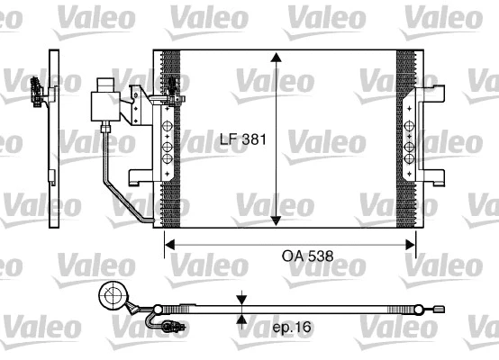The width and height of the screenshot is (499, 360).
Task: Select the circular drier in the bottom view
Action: pos(113,295)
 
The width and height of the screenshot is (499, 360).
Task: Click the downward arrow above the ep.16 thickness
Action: pos(241,299)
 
